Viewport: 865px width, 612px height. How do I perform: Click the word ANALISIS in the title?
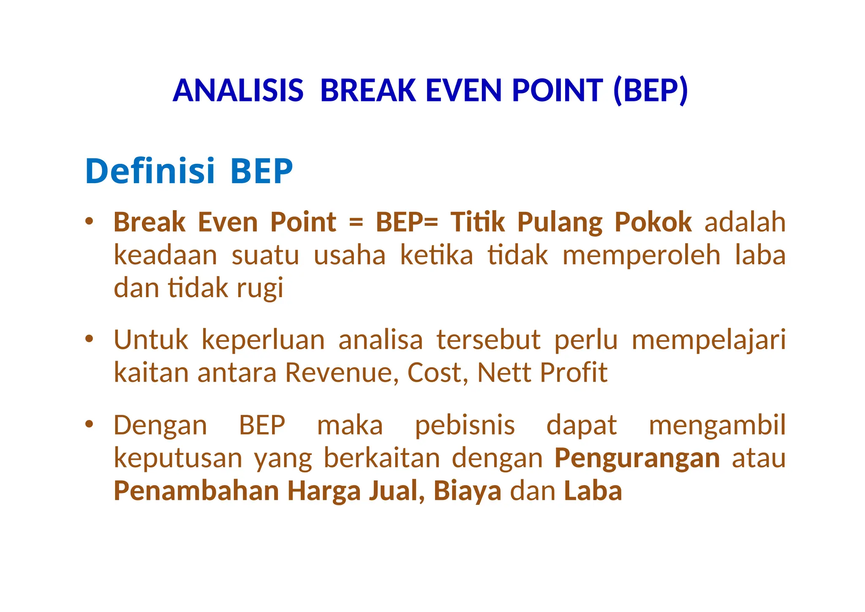pos(238,91)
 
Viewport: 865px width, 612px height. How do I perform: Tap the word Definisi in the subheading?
pos(150,171)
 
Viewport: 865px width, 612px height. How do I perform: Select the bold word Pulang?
pos(560,222)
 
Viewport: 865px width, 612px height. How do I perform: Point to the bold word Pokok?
pos(653,222)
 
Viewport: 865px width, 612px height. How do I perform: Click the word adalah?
pos(745,222)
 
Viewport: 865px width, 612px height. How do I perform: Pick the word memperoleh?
pos(641,255)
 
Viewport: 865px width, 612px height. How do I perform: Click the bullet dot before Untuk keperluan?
pos(89,339)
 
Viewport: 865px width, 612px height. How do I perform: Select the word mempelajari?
pos(708,340)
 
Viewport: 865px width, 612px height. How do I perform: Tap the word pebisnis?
pos(465,425)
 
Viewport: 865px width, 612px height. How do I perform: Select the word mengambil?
pos(717,425)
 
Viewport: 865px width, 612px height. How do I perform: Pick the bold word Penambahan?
pos(196,491)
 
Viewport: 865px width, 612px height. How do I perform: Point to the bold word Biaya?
pos(467,492)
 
